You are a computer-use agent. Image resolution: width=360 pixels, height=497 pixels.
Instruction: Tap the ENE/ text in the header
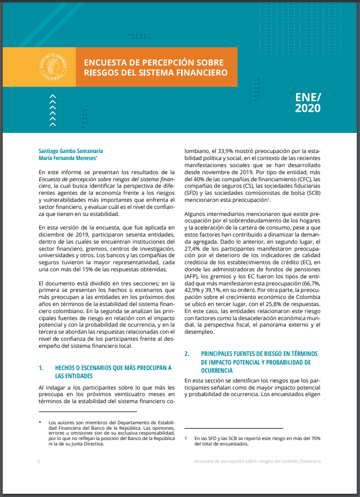308,97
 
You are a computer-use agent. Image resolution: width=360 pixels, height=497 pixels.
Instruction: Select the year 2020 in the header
307,109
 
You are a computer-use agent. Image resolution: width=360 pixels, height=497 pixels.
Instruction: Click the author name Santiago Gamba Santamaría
71,151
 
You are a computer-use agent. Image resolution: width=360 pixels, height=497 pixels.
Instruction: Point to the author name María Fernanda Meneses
67,159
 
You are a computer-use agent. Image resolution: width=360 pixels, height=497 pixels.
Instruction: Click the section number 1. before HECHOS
41,367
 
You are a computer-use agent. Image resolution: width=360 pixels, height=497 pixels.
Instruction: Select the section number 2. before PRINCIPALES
187,354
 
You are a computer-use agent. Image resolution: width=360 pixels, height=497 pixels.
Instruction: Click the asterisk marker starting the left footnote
40,421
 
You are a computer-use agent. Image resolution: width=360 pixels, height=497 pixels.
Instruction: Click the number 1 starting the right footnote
185,437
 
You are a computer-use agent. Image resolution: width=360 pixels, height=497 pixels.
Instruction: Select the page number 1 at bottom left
38,461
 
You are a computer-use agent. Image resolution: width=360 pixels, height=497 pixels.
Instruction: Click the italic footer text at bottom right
258,461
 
